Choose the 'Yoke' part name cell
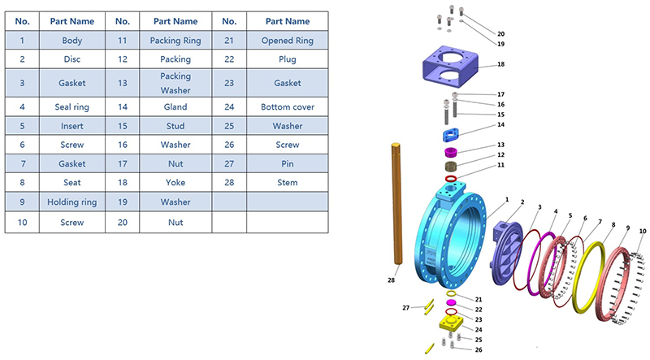[175, 183]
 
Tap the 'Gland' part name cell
[175, 106]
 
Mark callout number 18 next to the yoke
[501, 63]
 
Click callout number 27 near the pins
[405, 307]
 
